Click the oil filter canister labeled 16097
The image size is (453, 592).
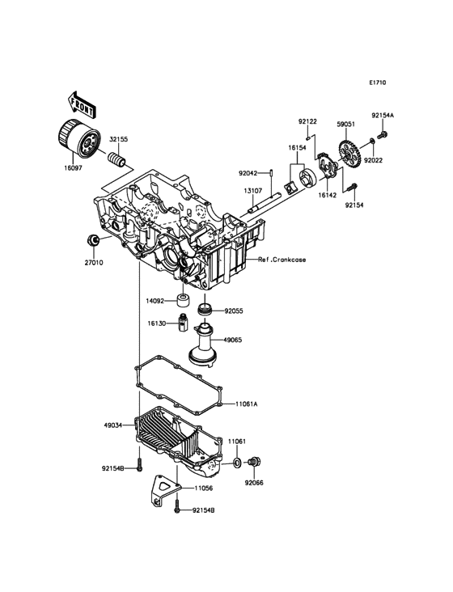[79, 142]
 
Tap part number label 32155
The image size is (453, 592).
[119, 139]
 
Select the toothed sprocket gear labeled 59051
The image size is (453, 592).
[346, 154]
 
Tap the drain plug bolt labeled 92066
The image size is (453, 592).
[255, 461]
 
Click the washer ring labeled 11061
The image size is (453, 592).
[238, 462]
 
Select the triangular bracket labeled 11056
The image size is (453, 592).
[164, 489]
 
